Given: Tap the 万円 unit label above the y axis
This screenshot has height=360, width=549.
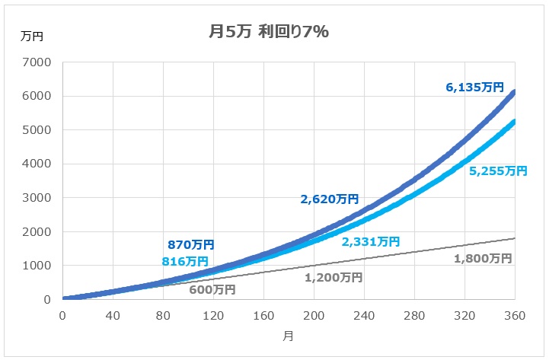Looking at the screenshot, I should click(x=33, y=36).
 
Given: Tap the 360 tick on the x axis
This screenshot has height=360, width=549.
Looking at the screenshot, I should click(x=515, y=316).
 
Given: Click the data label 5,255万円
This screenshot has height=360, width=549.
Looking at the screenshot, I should click(x=498, y=171).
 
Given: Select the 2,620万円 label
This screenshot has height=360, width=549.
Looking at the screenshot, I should click(x=329, y=199).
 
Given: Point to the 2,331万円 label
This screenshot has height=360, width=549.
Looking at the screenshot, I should click(x=370, y=241).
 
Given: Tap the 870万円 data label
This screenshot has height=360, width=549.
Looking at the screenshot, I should click(x=190, y=245).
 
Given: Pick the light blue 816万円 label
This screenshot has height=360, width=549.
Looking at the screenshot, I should click(x=185, y=261).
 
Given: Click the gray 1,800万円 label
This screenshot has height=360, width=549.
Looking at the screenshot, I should click(x=482, y=258).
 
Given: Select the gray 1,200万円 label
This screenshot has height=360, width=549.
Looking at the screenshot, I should click(x=334, y=277).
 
